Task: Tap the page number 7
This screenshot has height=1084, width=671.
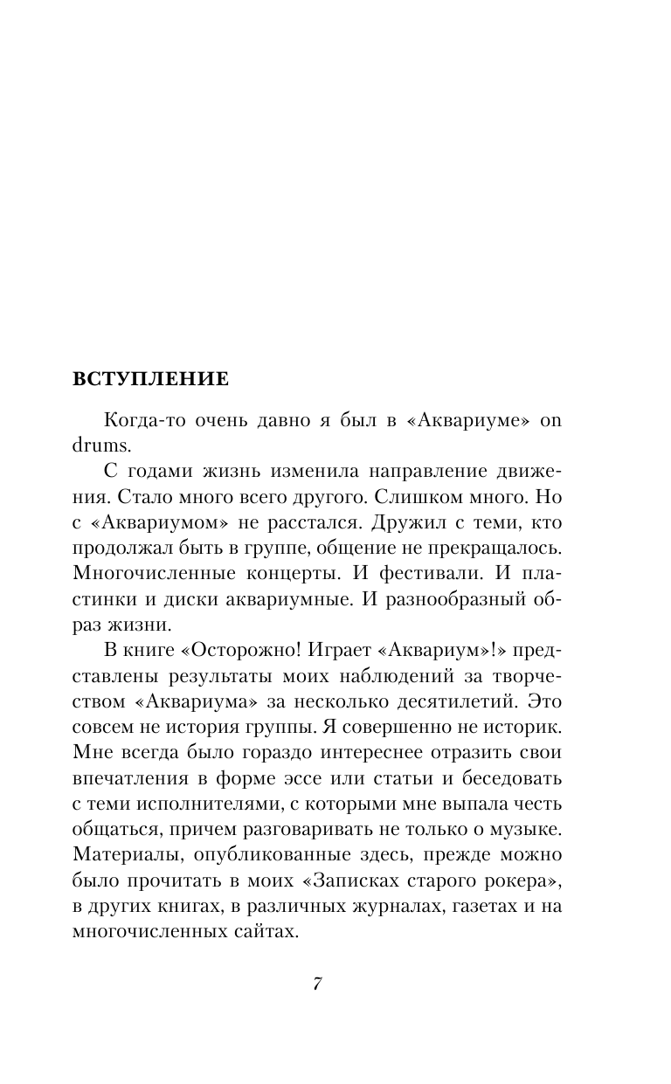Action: pos(318,984)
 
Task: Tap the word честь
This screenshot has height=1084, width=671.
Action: pos(537,804)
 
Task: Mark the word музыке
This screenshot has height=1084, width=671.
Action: pos(522,830)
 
